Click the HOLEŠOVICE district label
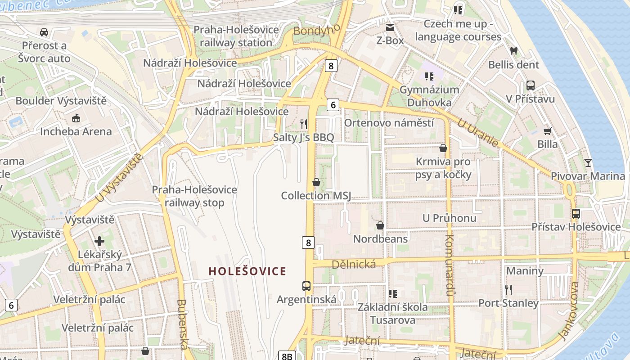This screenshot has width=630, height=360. click(247, 271)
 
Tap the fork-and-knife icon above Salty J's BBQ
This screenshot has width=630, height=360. click(304, 123)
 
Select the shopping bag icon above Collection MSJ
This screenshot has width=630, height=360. click(316, 182)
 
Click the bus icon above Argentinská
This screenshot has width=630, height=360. click(306, 286)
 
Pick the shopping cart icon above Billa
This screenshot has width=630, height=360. click(547, 131)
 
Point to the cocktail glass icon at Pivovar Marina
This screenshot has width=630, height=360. click(588, 162)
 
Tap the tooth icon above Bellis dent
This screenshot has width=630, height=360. click(513, 51)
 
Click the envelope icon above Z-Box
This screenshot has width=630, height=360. click(390, 27)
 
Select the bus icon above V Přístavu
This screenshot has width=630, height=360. click(531, 85)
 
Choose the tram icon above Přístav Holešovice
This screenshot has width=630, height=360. click(576, 213)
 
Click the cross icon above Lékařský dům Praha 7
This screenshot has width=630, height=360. click(99, 241)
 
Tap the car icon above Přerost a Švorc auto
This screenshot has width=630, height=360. click(44, 32)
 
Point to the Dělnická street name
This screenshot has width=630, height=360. click(353, 264)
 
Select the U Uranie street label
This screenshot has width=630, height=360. click(478, 133)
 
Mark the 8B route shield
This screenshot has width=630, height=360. click(287, 356)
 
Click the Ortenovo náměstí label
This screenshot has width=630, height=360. click(389, 123)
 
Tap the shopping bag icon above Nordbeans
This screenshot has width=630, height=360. click(380, 225)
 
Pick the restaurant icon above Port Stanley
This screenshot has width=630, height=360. click(508, 289)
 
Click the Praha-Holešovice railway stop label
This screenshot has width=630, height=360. click(194, 196)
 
